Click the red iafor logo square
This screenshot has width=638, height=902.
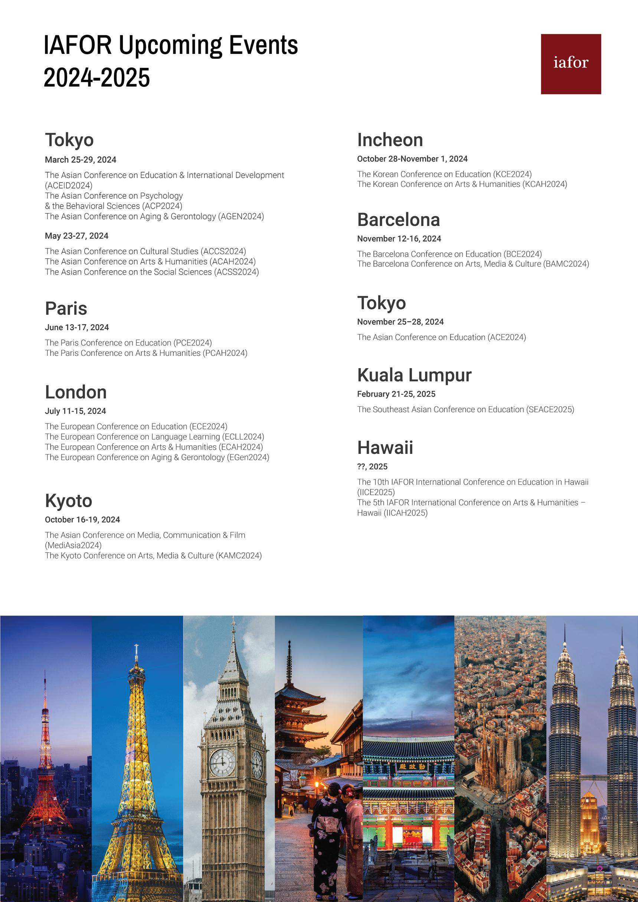tap(570, 64)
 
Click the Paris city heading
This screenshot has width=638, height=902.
tap(66, 308)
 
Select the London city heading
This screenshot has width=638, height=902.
tap(76, 392)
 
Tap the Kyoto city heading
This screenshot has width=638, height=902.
tap(69, 501)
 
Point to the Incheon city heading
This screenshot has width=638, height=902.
tap(390, 140)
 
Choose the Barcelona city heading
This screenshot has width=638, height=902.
tap(398, 220)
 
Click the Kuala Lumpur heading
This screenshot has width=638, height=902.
tap(414, 375)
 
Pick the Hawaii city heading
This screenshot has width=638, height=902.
tap(385, 448)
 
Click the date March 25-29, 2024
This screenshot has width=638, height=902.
tap(81, 160)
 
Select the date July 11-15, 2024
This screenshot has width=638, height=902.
tap(75, 411)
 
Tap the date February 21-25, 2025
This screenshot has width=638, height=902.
tap(396, 394)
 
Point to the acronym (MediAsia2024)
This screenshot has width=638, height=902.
tap(73, 545)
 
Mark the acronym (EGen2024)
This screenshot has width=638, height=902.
tap(248, 457)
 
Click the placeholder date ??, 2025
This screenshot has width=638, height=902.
tap(372, 467)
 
